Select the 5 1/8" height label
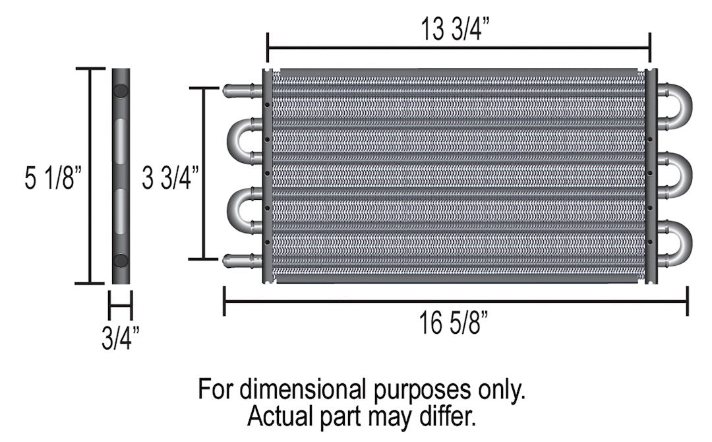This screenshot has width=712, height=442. [53, 178]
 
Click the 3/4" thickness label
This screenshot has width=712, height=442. [121, 338]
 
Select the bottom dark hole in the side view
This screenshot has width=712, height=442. [121, 259]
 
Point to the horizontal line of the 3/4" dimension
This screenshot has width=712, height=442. [121, 306]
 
